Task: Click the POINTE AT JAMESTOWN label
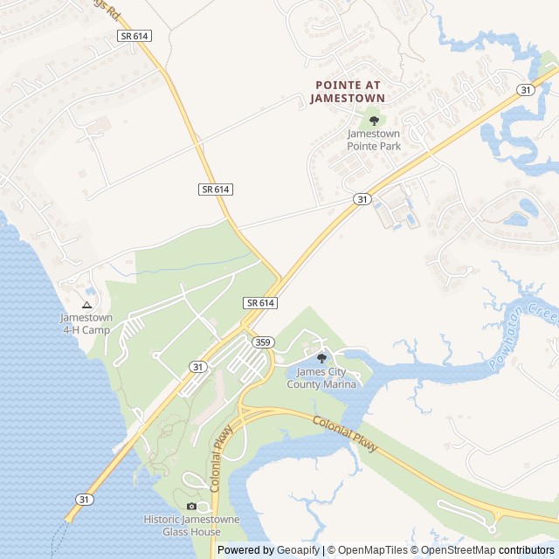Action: tap(347, 92)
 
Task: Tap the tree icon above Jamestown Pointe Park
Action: tap(374, 121)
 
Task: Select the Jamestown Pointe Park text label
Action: tap(374, 140)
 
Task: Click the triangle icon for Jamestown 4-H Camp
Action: tap(86, 305)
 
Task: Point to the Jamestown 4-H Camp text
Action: tap(86, 323)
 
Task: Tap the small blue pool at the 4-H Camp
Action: tap(92, 291)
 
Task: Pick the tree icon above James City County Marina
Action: tap(321, 358)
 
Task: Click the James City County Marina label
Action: tap(326, 378)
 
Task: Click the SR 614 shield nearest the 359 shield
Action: tap(260, 302)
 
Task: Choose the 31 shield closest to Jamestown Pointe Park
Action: tap(362, 199)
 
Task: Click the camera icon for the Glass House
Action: tap(191, 507)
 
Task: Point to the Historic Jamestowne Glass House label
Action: tap(191, 525)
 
